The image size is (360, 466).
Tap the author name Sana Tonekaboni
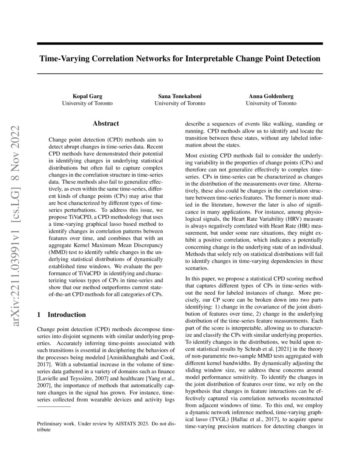[x=180, y=97]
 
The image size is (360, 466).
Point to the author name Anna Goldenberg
[x=271, y=97]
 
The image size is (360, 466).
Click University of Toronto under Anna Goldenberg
[x=271, y=103]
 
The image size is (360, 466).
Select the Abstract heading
[x=106, y=124]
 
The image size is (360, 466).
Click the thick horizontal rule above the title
[x=180, y=44]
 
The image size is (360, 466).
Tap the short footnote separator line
[x=54, y=407]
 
